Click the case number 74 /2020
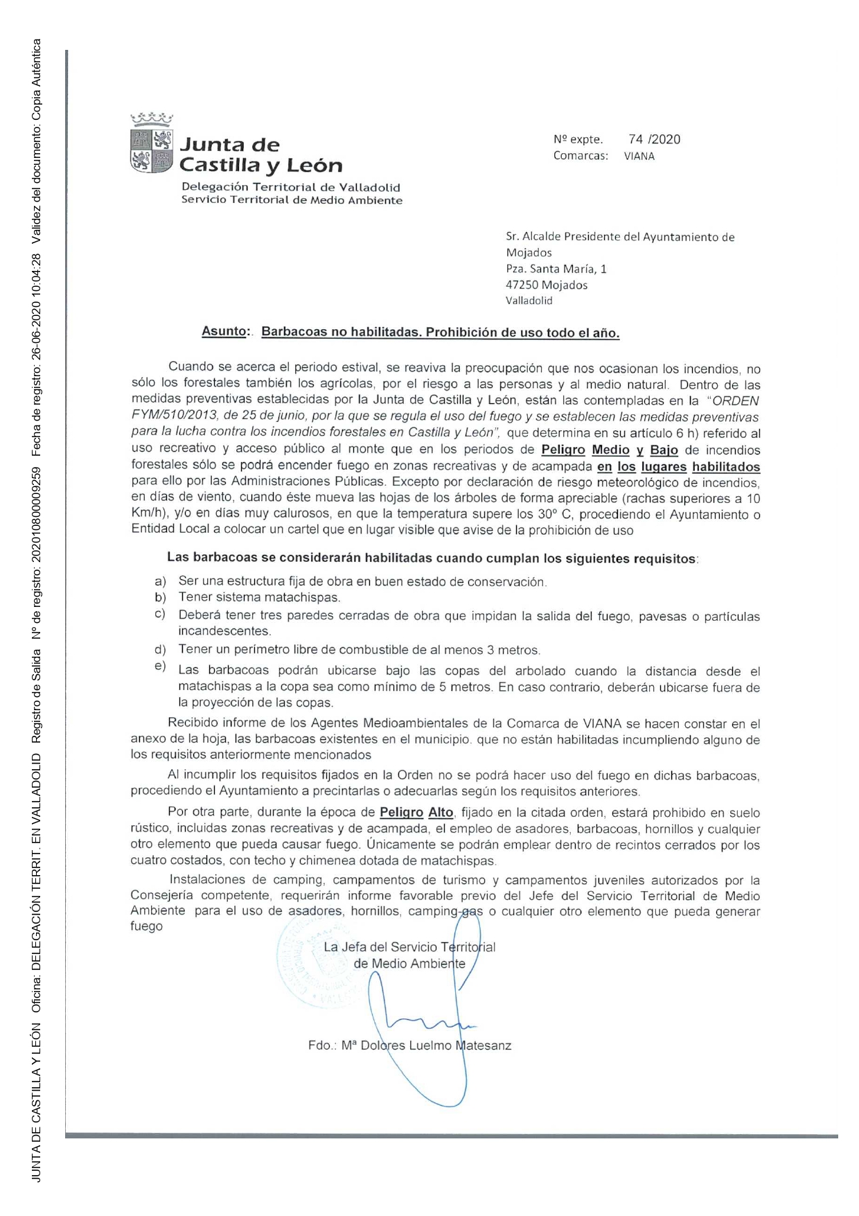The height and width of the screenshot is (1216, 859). [654, 139]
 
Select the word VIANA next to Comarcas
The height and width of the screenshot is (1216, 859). [639, 157]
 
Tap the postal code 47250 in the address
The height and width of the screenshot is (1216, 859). [523, 285]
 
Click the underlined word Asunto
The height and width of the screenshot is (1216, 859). [224, 332]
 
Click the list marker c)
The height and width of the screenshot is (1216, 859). [160, 614]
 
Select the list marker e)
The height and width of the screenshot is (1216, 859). [160, 667]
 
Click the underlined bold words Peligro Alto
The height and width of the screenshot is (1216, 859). [416, 813]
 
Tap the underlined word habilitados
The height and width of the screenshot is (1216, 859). [725, 467]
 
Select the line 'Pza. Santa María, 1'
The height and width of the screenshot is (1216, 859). [556, 269]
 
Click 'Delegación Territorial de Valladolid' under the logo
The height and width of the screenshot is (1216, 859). [290, 187]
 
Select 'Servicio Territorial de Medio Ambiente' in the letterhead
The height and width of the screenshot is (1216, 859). [291, 200]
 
